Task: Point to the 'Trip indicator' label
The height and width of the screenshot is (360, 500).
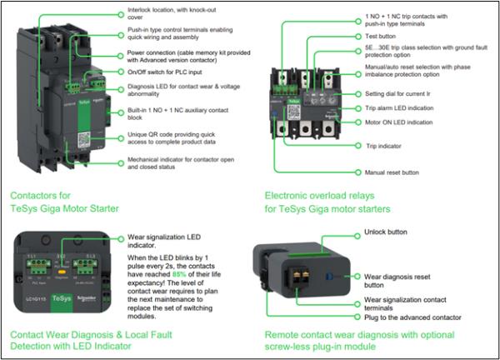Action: click(386, 147)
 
